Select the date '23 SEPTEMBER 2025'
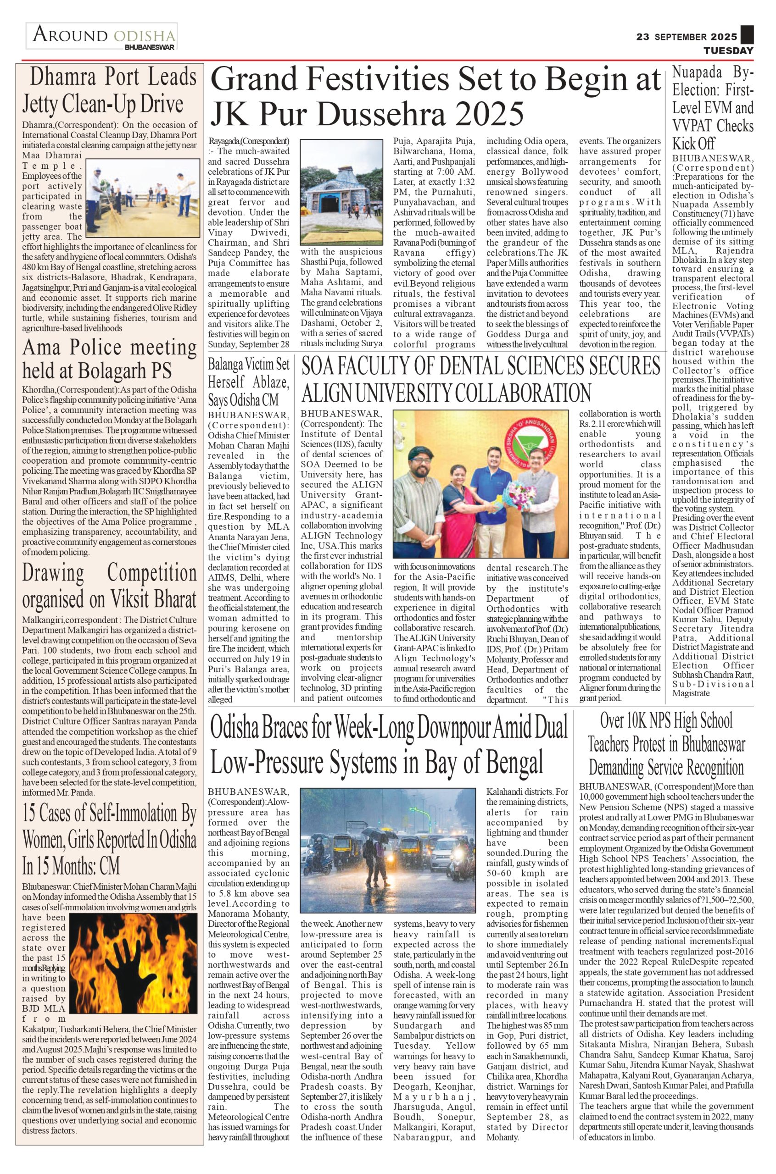pos(687,37)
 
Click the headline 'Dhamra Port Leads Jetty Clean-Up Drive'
pos(109,90)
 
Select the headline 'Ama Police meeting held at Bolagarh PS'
pos(109,358)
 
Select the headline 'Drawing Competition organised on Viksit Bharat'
pos(109,586)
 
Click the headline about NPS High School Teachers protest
pos(666,744)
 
